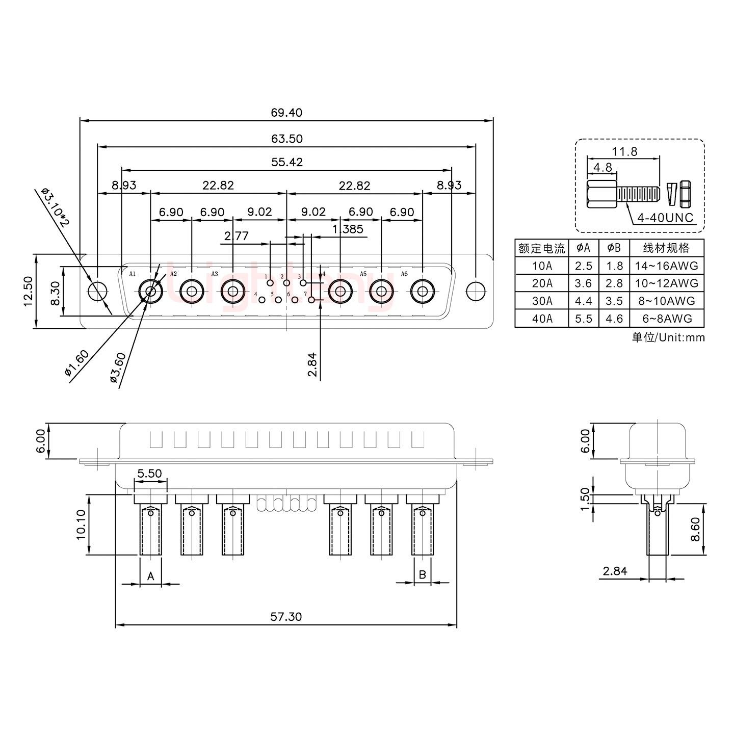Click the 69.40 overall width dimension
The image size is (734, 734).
pyautogui.click(x=286, y=112)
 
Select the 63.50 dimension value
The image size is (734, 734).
pyautogui.click(x=286, y=139)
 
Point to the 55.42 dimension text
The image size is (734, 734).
pyautogui.click(x=286, y=162)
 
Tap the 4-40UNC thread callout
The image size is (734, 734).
pyautogui.click(x=665, y=218)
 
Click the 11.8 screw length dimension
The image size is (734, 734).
pyautogui.click(x=624, y=151)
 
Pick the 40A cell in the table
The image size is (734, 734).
pyautogui.click(x=541, y=319)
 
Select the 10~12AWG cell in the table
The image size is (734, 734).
pyautogui.click(x=667, y=283)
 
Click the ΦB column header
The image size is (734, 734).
pyautogui.click(x=614, y=248)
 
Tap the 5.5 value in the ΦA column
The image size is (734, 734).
pyautogui.click(x=583, y=319)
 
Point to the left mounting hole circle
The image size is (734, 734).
pyautogui.click(x=97, y=292)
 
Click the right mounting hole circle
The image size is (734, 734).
pyautogui.click(x=476, y=292)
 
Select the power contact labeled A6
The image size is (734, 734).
pyautogui.click(x=423, y=292)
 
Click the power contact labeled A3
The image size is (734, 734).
pyautogui.click(x=232, y=292)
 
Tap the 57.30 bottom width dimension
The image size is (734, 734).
pyautogui.click(x=286, y=617)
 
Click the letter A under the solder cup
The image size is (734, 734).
pyautogui.click(x=150, y=576)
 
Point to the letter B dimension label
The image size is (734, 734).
pyautogui.click(x=423, y=575)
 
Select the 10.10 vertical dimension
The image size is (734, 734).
pyautogui.click(x=82, y=525)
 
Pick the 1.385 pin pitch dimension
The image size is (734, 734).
pyautogui.click(x=348, y=229)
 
